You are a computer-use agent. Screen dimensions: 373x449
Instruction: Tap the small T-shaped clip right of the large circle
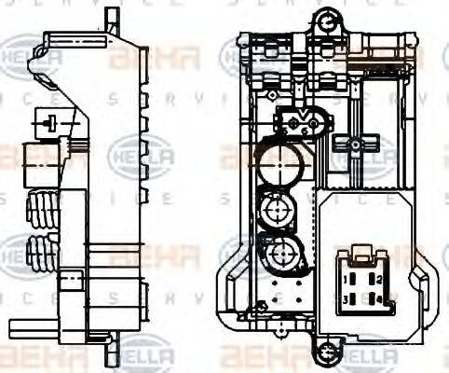pos(354,145)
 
